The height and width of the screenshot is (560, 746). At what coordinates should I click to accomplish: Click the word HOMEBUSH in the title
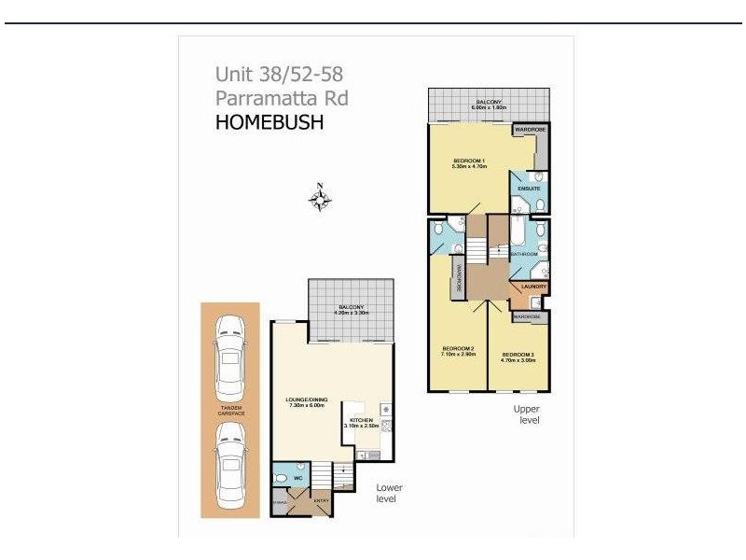(269, 121)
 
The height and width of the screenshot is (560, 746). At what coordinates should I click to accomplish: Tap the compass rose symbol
(320, 199)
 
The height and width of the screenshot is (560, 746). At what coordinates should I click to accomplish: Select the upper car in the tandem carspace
(228, 357)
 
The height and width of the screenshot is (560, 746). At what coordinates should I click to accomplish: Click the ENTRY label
(321, 501)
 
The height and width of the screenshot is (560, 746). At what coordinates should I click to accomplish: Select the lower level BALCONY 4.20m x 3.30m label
(352, 310)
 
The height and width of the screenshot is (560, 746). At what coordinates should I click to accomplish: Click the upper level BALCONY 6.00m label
(489, 105)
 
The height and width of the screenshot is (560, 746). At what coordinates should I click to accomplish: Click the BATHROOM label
(523, 254)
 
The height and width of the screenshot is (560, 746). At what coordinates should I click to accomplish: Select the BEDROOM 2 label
(459, 351)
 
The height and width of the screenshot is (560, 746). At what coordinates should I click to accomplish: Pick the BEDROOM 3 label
(518, 356)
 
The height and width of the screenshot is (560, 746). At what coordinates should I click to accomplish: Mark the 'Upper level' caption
(526, 414)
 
